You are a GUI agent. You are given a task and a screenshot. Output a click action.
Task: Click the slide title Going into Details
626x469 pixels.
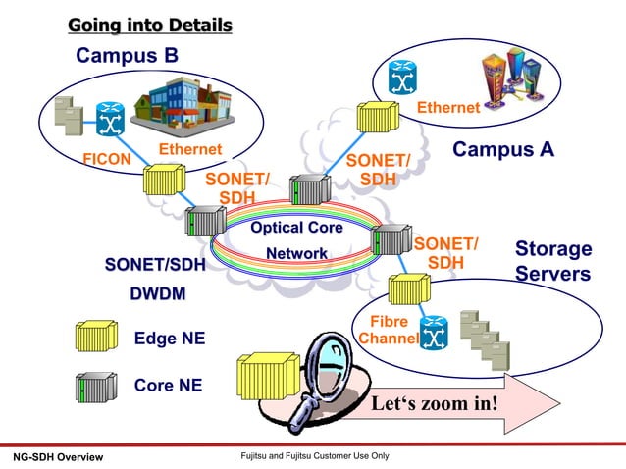[x=149, y=25]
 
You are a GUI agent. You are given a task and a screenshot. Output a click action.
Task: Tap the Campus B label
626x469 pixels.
[x=128, y=56]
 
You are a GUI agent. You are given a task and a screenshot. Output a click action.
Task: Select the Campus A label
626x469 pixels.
[x=502, y=149]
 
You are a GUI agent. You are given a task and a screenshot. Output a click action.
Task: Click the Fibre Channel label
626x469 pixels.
[x=389, y=331]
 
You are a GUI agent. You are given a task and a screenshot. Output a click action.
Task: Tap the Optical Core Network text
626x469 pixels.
[x=296, y=240]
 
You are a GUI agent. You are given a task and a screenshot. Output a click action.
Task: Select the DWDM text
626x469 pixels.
[x=159, y=293]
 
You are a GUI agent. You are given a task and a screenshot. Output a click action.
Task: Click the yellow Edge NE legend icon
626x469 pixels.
[x=95, y=338]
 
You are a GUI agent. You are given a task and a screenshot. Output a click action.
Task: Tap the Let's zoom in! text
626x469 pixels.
[x=434, y=404]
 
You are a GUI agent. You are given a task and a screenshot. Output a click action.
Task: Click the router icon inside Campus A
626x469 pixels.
[x=401, y=75]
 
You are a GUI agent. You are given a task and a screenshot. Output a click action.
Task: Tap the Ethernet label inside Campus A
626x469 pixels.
[x=447, y=108]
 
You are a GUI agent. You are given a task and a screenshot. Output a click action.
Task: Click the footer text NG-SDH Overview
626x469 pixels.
[x=57, y=458]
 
